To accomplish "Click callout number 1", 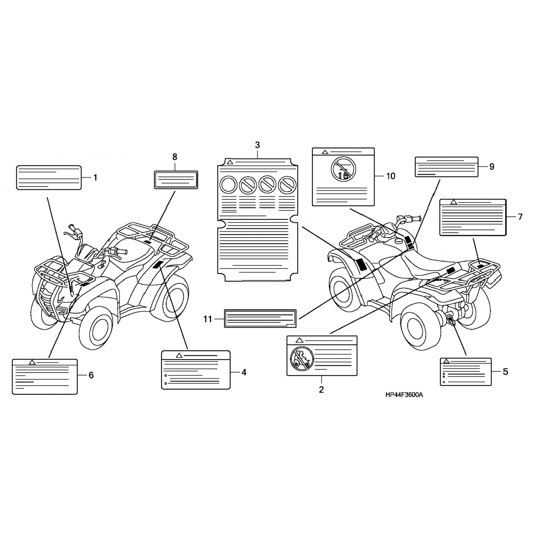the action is pyautogui.click(x=95, y=178).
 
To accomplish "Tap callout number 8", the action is pyautogui.click(x=175, y=157).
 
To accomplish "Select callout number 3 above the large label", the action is pyautogui.click(x=257, y=145).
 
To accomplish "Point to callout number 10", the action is pyautogui.click(x=391, y=176).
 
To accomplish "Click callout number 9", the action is pyautogui.click(x=491, y=167).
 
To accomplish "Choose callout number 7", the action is pyautogui.click(x=520, y=217).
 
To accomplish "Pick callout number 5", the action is pyautogui.click(x=506, y=371).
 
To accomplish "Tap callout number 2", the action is pyautogui.click(x=321, y=390).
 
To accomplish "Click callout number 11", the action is pyautogui.click(x=207, y=319).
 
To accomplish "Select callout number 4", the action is pyautogui.click(x=244, y=372).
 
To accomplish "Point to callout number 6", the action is pyautogui.click(x=91, y=375).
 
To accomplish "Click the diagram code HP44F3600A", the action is pyautogui.click(x=404, y=395).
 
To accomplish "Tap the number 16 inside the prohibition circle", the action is pyautogui.click(x=344, y=176).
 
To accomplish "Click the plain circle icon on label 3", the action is pyautogui.click(x=228, y=185).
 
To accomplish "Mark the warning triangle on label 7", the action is pyautogui.click(x=454, y=202).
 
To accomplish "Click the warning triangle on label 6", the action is pyautogui.click(x=32, y=362).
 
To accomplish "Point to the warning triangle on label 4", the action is pyautogui.click(x=178, y=356).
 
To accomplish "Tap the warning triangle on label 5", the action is pyautogui.click(x=446, y=361).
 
